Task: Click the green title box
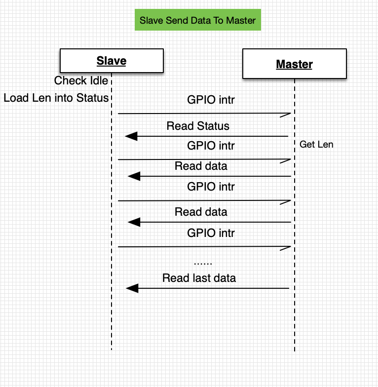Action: coord(197,20)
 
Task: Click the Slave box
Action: coord(112,61)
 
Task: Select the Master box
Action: coord(295,64)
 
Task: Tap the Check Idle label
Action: coord(81,80)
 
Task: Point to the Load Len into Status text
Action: coord(56,98)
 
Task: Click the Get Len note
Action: coord(316,144)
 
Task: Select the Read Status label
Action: coord(198,126)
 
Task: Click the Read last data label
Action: coord(199,278)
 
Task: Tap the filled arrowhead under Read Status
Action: coord(131,136)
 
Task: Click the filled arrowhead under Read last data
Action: coord(132,288)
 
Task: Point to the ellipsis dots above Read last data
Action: coord(203,264)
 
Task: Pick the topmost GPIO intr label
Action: coord(211,100)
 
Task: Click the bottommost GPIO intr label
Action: coord(211,233)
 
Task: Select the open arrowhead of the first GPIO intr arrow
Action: coord(285,115)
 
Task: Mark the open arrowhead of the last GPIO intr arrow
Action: coord(285,248)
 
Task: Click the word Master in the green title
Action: coord(241,20)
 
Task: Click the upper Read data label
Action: coord(201,166)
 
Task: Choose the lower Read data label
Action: coord(201,212)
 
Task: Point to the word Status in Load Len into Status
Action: coord(93,98)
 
